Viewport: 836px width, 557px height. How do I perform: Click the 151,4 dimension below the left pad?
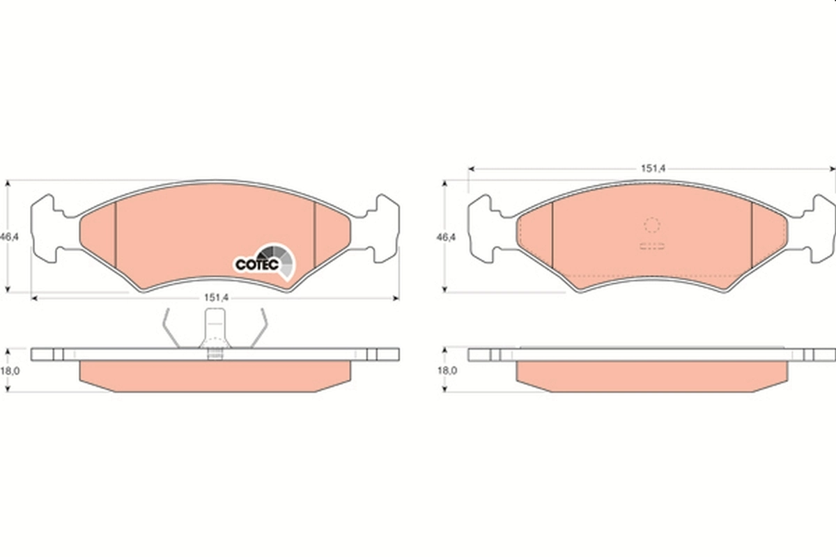tap(216, 297)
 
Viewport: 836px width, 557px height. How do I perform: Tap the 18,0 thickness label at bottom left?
tap(8, 371)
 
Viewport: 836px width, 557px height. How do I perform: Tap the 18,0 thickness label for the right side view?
tap(445, 371)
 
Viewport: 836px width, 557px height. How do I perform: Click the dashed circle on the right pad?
tap(651, 225)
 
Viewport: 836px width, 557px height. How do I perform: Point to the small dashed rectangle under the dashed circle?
tap(652, 245)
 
